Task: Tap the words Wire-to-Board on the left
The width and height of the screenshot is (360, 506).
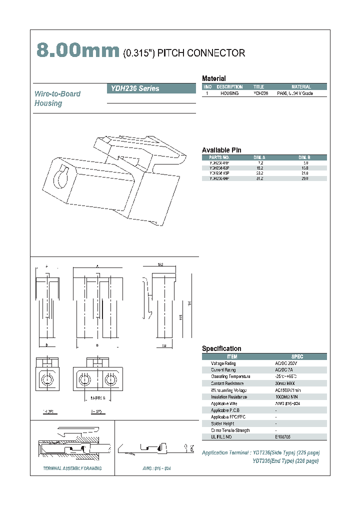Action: click(57, 94)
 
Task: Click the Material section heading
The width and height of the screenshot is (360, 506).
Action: click(213, 78)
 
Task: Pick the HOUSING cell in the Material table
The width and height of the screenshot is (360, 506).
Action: click(229, 93)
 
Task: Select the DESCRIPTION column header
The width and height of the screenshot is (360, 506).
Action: click(229, 87)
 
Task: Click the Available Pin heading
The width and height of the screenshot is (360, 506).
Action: click(221, 150)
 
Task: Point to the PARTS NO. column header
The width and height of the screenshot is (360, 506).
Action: click(219, 157)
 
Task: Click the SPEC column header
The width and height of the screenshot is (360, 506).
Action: click(297, 356)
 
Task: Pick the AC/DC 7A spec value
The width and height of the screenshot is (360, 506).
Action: click(284, 370)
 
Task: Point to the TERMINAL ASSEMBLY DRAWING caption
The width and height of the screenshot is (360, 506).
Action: click(72, 468)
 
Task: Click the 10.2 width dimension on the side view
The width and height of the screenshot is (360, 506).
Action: click(160, 264)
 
